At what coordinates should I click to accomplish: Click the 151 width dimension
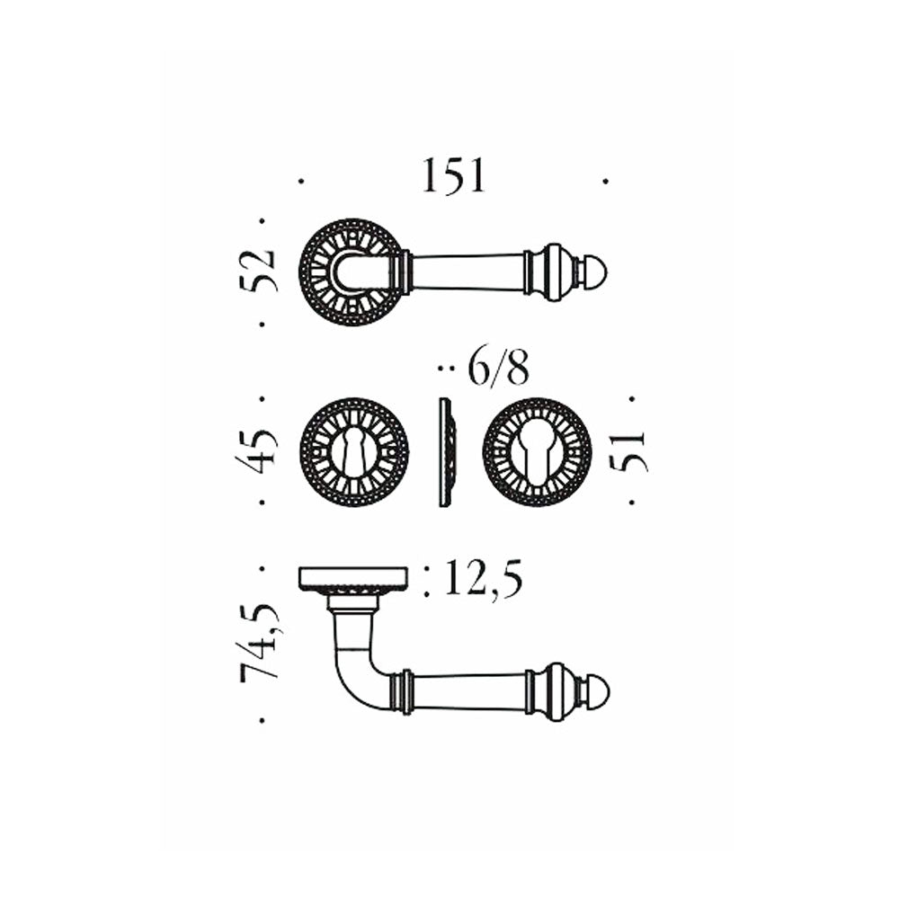pyautogui.click(x=454, y=175)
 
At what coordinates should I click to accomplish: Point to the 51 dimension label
pyautogui.click(x=629, y=451)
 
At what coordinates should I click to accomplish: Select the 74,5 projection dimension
pyautogui.click(x=261, y=640)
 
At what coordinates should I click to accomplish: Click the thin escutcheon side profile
pyautogui.click(x=446, y=452)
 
